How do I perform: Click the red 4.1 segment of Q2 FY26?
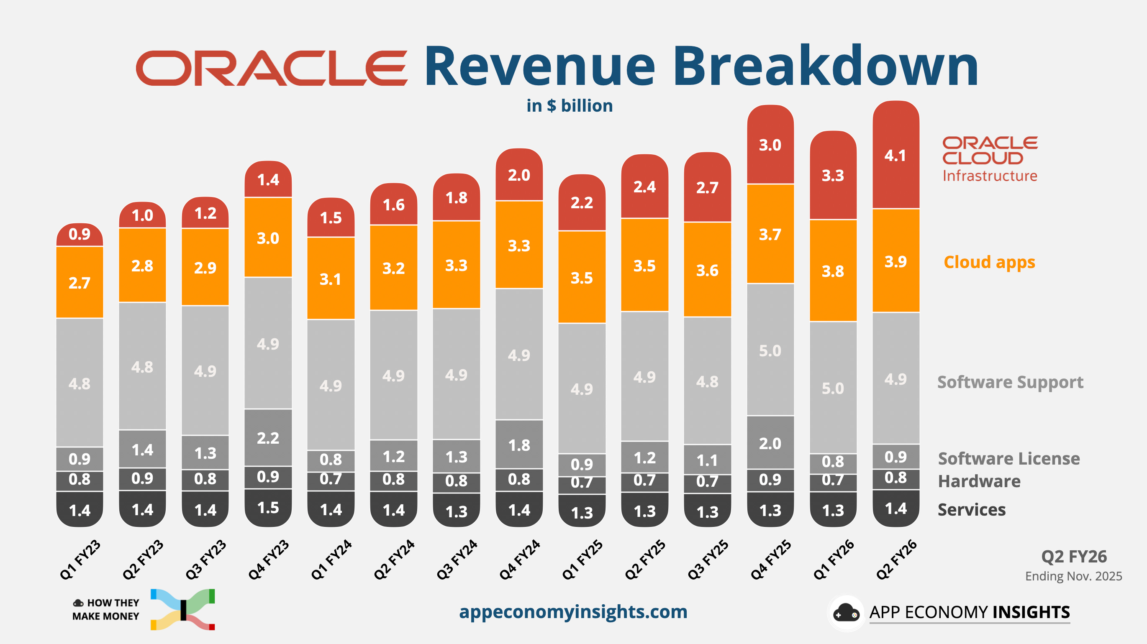tap(896, 155)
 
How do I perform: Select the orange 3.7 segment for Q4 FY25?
tap(770, 234)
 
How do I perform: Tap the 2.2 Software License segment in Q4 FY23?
tap(268, 438)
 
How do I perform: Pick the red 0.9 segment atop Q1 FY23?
tap(80, 234)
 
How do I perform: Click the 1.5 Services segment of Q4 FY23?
tap(268, 507)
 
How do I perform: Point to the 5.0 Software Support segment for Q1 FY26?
tap(833, 388)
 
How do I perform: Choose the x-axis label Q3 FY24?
tap(457, 560)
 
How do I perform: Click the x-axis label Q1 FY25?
tap(582, 560)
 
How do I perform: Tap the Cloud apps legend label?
tap(989, 262)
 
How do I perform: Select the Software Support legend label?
tap(1010, 382)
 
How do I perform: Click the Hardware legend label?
tap(979, 481)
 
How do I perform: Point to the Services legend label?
tap(972, 510)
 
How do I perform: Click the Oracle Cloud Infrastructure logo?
tap(990, 159)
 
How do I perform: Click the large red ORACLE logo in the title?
tap(272, 68)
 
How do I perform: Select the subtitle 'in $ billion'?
tap(570, 106)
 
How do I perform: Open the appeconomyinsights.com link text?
tap(573, 611)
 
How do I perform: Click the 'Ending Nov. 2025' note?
tap(1073, 576)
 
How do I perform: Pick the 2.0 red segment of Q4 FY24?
tap(519, 175)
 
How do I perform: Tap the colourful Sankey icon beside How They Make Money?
tap(183, 609)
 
